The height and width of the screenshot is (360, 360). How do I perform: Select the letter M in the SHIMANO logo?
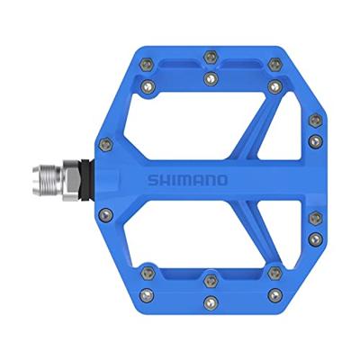(221, 178)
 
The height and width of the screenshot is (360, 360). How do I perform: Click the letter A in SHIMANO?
(232, 178)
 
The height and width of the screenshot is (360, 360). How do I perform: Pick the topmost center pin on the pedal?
(210, 56)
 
